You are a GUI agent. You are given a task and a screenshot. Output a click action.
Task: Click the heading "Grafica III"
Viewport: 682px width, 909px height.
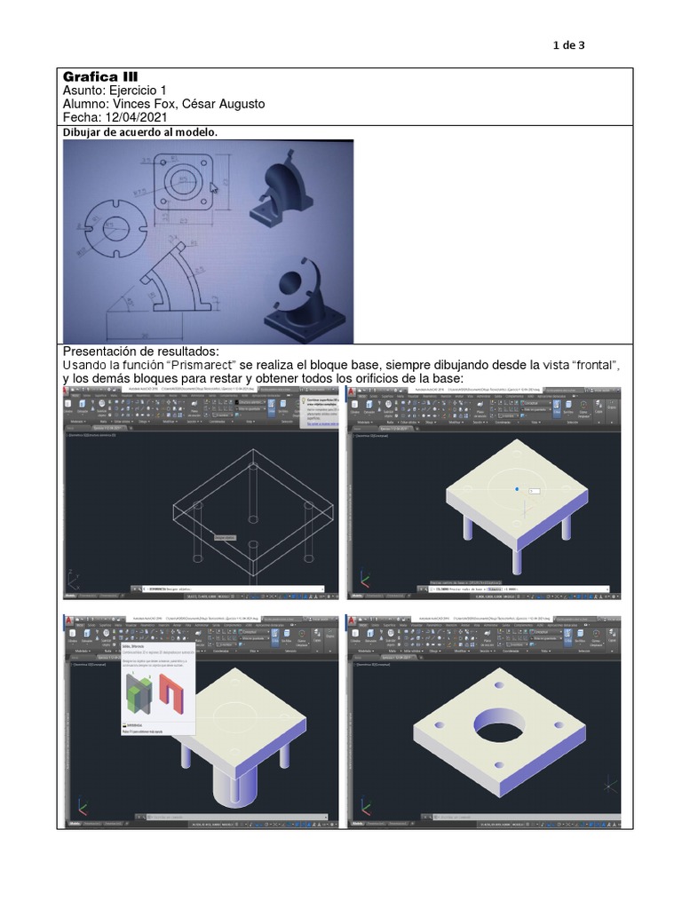[98, 76]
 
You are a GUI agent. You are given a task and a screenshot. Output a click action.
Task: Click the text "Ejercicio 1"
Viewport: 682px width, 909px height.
[135, 91]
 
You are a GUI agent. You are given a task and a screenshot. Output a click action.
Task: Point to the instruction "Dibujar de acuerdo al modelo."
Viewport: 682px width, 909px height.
[139, 132]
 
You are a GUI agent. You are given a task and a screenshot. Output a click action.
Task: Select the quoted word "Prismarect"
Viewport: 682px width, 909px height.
[210, 365]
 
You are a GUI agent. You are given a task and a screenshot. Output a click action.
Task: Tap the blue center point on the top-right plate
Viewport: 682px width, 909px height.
[517, 488]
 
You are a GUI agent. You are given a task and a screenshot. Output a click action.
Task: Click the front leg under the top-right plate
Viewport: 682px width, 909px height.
[518, 560]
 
